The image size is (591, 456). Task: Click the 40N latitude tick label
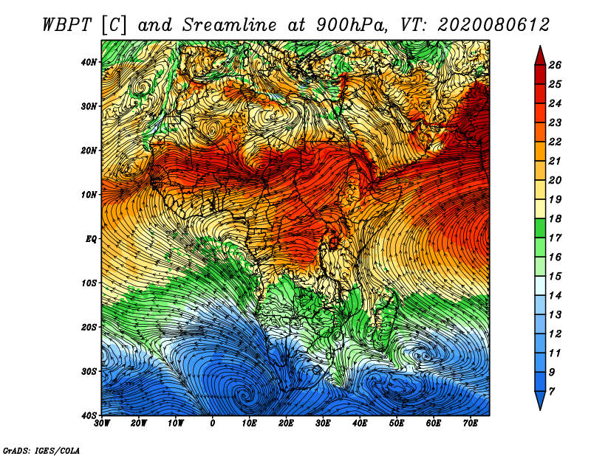click(89, 62)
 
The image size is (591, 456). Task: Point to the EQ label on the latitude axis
click(91, 239)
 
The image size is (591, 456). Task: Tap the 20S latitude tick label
click(89, 327)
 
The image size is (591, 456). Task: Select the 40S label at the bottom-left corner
click(89, 415)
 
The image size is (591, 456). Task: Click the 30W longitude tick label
click(102, 424)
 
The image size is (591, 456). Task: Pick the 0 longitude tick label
click(213, 424)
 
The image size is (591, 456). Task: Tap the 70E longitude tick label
click(470, 424)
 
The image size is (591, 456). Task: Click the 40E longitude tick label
click(360, 424)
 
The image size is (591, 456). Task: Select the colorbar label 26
click(555, 65)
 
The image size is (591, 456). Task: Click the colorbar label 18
click(555, 218)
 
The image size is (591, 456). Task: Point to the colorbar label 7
click(552, 392)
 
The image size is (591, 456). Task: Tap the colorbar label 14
click(555, 296)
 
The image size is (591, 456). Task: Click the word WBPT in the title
click(66, 25)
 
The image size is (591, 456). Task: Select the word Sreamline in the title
click(230, 25)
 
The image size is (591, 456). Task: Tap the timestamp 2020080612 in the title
click(493, 25)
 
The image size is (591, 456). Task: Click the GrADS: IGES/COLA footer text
click(41, 450)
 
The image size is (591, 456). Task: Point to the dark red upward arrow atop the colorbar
click(540, 56)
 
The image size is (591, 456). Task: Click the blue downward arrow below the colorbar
click(540, 401)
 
